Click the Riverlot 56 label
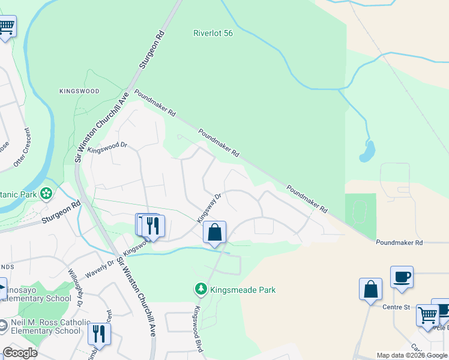pos(212,34)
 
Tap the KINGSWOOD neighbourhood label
pos(79,91)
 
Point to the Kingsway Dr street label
pos(210,205)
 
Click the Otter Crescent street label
pos(22,148)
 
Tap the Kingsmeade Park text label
pos(243,290)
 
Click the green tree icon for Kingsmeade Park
pos(201,290)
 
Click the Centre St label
pos(396,307)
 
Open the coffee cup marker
pos(402,277)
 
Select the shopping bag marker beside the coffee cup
pos(370,289)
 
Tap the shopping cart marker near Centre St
pos(427,314)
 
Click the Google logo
pos(20,353)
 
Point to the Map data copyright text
pos(412,355)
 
